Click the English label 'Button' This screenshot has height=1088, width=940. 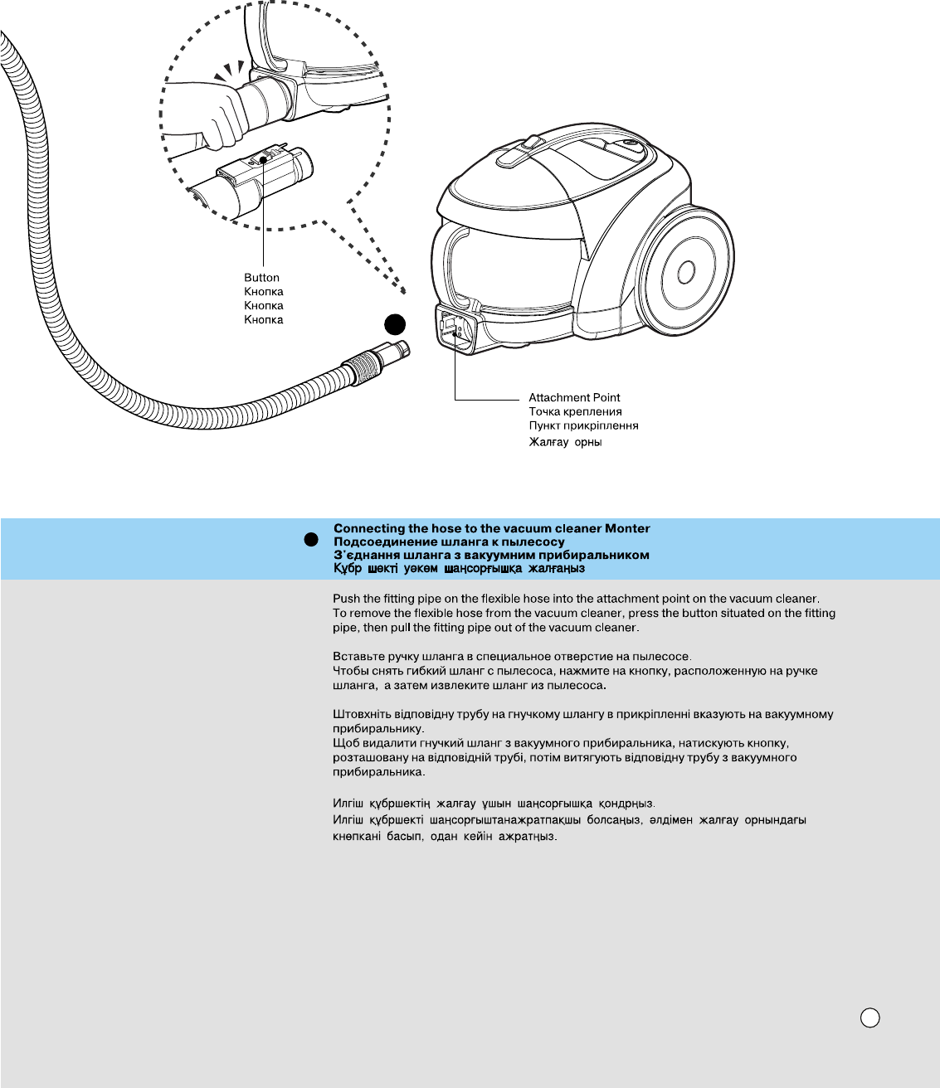(261, 278)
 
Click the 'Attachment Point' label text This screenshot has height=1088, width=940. (574, 398)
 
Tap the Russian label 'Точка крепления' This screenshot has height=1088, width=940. (575, 412)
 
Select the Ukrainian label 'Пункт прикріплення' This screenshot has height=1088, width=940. (583, 426)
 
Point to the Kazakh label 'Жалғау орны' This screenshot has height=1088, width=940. (565, 442)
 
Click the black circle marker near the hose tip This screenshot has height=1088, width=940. (396, 325)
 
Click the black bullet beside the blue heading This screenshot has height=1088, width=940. (311, 540)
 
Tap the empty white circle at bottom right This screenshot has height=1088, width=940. (869, 1018)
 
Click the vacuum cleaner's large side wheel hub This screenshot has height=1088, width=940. (686, 272)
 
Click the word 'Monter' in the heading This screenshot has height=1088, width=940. (627, 528)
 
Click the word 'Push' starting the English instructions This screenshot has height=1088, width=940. (345, 599)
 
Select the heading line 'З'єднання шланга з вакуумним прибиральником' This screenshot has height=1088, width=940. (491, 555)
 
